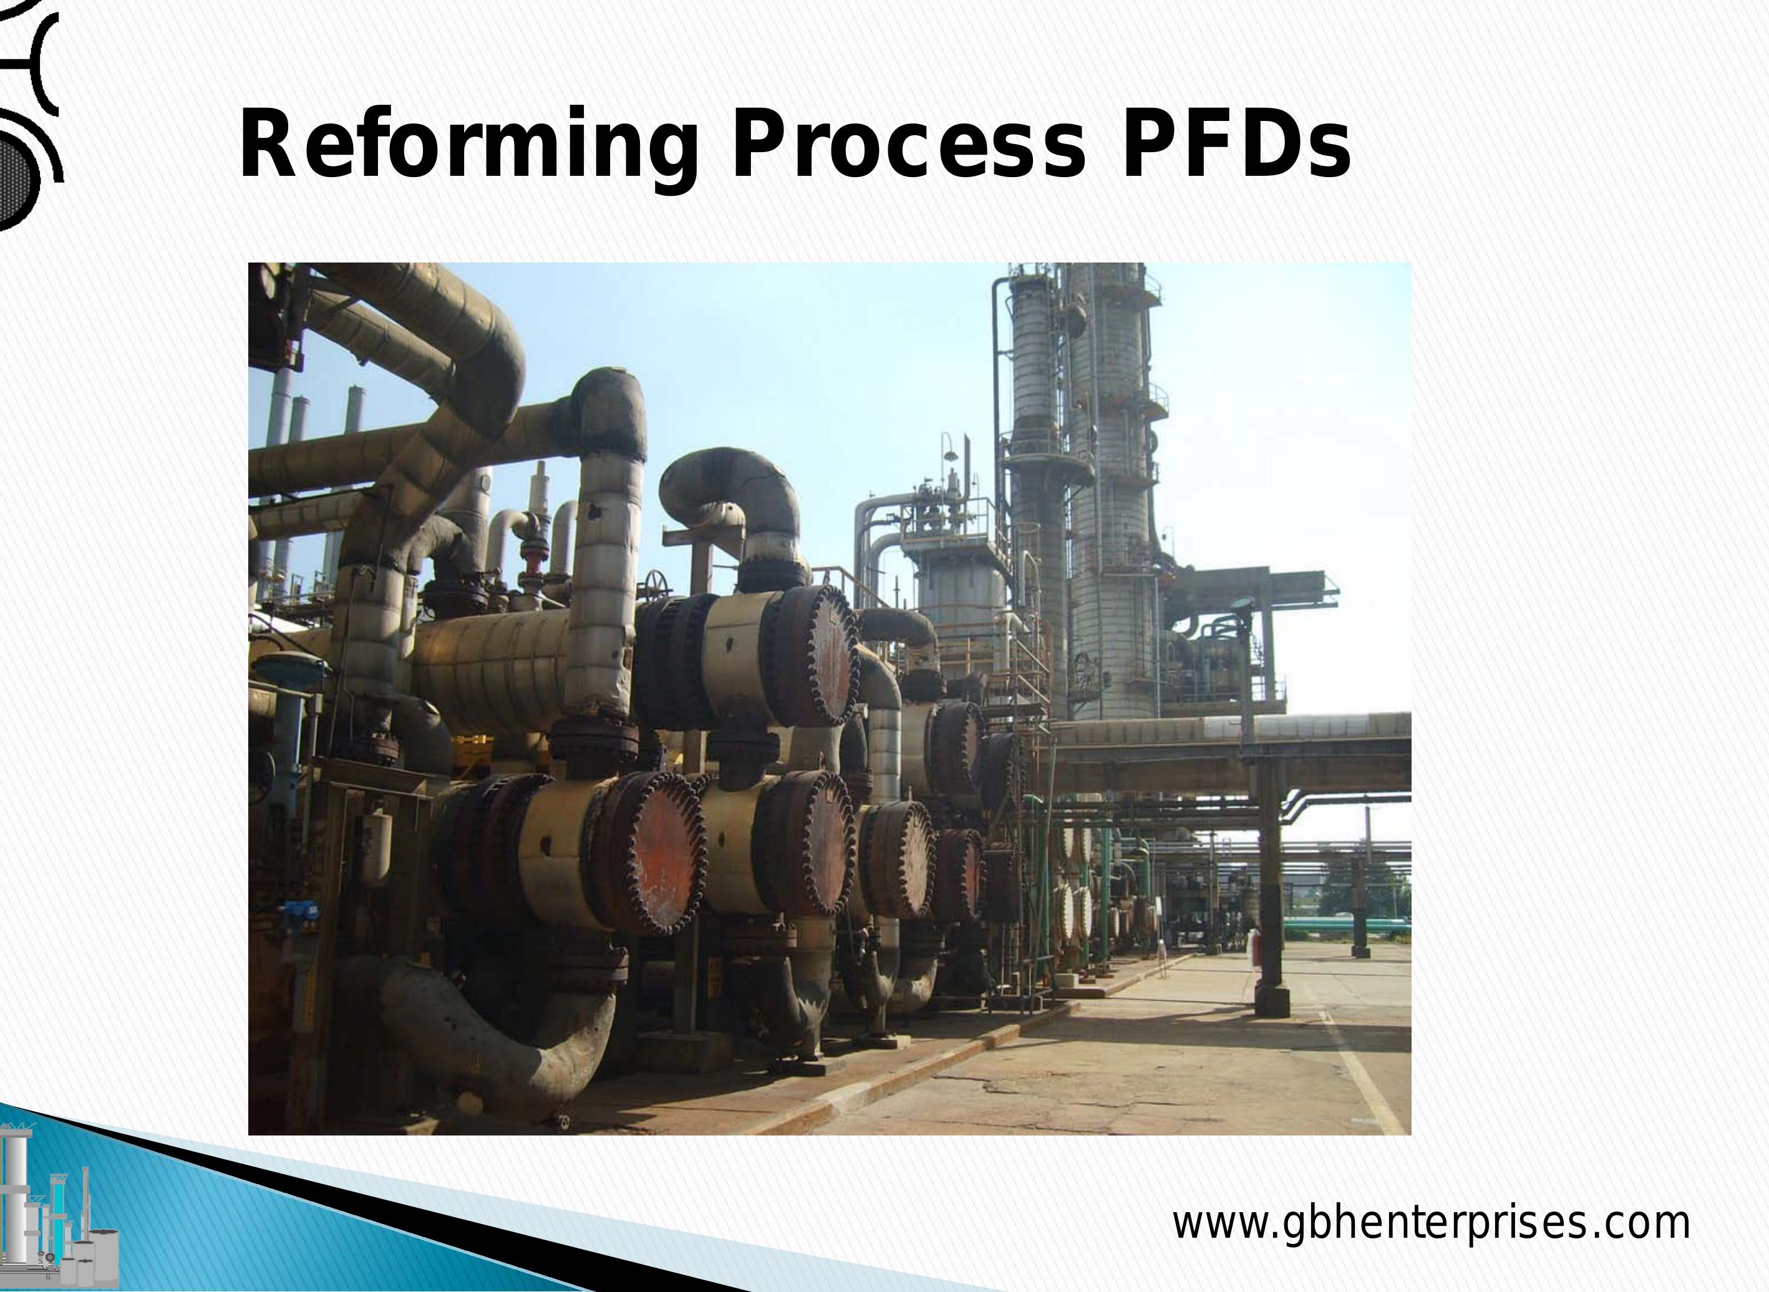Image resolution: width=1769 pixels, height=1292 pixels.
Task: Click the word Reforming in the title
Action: [467, 145]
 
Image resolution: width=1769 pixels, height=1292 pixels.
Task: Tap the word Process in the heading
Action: [908, 145]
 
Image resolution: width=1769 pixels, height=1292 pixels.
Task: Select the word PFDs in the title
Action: [1236, 145]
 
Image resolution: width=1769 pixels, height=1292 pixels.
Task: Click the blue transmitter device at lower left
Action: [298, 911]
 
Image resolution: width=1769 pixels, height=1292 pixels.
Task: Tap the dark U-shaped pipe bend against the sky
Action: [728, 485]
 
